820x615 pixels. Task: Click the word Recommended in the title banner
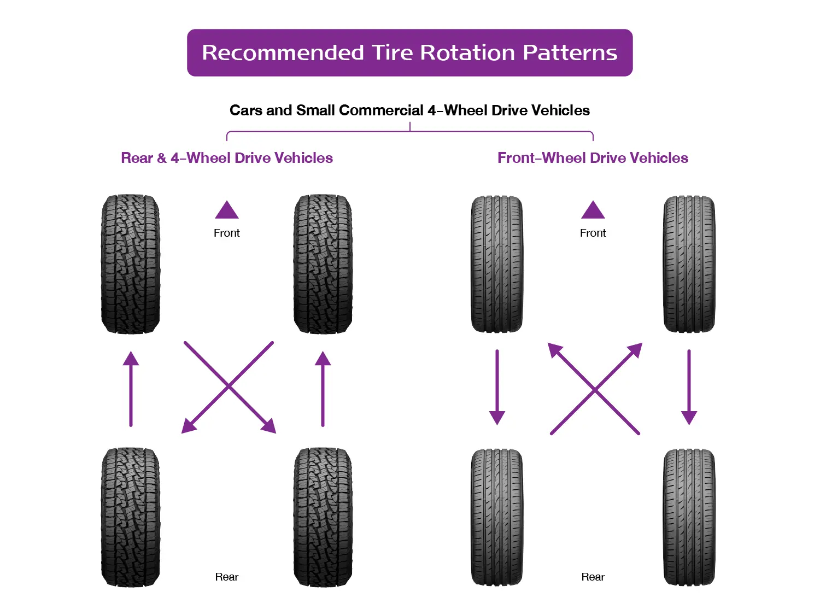tap(283, 52)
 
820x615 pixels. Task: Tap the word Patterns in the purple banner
tap(570, 52)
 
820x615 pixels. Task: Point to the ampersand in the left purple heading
tap(161, 159)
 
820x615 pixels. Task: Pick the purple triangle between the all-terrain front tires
tap(227, 210)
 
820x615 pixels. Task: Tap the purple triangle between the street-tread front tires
tap(593, 210)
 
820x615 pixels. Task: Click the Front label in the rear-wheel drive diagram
tap(227, 233)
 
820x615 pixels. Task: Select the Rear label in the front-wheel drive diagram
tap(593, 577)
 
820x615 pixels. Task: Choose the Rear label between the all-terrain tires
tap(227, 577)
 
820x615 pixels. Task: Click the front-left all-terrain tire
tap(131, 264)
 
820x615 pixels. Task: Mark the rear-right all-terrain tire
tap(323, 517)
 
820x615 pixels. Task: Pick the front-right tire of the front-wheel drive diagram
tap(689, 264)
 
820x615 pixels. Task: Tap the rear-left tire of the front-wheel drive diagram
tap(497, 517)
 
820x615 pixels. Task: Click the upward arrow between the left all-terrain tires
tap(131, 388)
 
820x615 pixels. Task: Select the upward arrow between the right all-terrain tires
tap(323, 388)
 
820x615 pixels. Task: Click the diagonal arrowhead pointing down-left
tap(189, 426)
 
